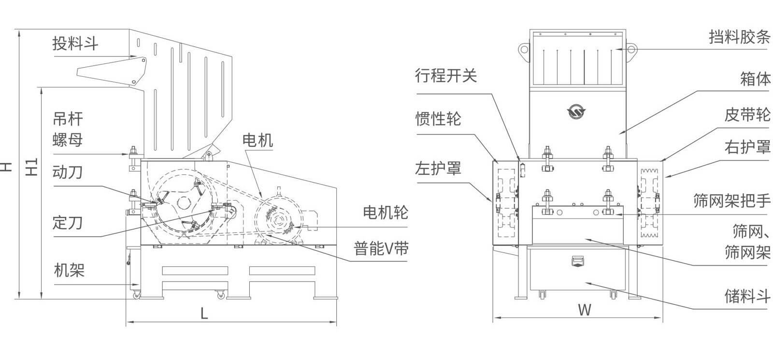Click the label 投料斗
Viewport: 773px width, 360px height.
tap(75, 44)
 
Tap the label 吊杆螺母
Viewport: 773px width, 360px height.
tap(68, 129)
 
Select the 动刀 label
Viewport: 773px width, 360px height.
tap(68, 173)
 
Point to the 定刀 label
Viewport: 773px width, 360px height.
tap(68, 223)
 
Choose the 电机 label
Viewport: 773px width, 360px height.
tap(258, 141)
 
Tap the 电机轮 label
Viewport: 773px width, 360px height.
tap(385, 212)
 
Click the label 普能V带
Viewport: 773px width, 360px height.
tap(381, 248)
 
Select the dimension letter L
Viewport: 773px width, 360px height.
tap(204, 314)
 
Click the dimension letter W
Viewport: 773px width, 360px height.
tap(585, 310)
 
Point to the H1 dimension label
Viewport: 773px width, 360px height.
tap(31, 167)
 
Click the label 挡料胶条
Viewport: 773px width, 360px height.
tap(739, 37)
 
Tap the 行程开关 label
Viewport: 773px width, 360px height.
tap(445, 75)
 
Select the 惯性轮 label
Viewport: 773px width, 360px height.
tap(438, 118)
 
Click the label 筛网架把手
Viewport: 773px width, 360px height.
tap(731, 201)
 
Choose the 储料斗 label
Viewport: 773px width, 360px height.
tap(747, 296)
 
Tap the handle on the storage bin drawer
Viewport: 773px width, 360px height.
tap(578, 261)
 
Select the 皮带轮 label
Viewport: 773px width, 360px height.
tap(747, 115)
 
